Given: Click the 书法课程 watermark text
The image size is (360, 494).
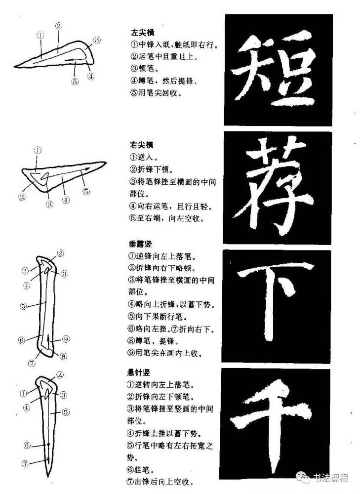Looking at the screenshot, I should click(331, 478).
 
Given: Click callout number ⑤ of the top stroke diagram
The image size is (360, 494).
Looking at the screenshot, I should click(75, 82).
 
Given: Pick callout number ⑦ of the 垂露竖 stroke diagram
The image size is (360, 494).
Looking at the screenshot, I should click(32, 364).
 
